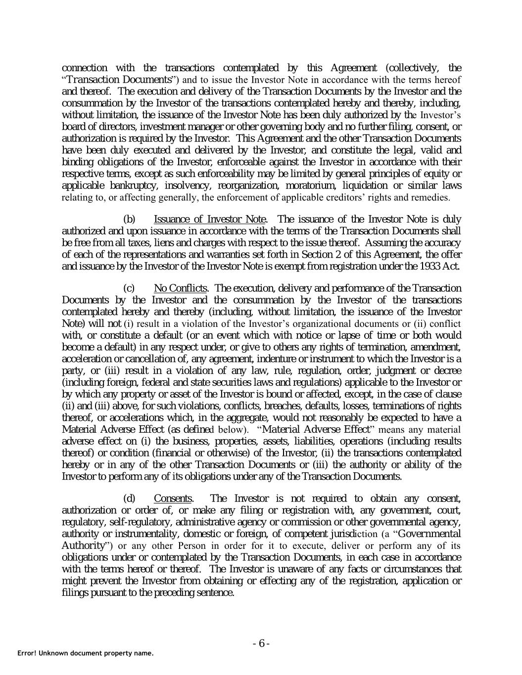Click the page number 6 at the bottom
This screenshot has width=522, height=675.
coord(261,643)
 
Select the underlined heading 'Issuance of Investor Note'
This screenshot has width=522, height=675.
coord(210,219)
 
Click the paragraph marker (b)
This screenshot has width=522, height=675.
coord(129,219)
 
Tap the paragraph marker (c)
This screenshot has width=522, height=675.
coord(129,288)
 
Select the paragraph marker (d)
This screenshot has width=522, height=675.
coord(129,498)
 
